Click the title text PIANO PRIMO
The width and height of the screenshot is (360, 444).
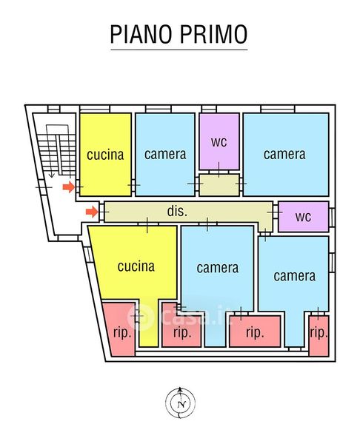point(179,34)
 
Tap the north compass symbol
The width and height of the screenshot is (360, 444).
point(180,403)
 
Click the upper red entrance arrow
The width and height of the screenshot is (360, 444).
point(69,187)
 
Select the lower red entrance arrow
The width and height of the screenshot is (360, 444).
point(92,212)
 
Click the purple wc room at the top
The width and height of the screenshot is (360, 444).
point(219,141)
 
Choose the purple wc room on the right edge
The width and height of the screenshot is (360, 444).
point(304,217)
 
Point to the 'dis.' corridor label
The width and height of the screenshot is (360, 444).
point(177,211)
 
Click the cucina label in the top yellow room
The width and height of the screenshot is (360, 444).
point(105,155)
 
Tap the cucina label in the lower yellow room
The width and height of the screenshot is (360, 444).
point(136,266)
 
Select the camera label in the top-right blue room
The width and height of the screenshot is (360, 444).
point(284,155)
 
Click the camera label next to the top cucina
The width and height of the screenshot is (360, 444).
point(165,155)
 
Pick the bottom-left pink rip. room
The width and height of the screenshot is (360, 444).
point(119,329)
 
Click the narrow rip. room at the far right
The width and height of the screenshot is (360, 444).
point(319,336)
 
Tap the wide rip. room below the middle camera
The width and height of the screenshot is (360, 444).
point(255,332)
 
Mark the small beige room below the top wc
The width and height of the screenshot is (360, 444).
point(219,185)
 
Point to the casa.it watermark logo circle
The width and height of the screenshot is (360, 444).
point(141,317)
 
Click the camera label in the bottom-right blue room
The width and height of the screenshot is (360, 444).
point(295,276)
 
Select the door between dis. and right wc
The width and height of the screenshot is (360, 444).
point(275,212)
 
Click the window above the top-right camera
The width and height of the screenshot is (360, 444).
point(278,109)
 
